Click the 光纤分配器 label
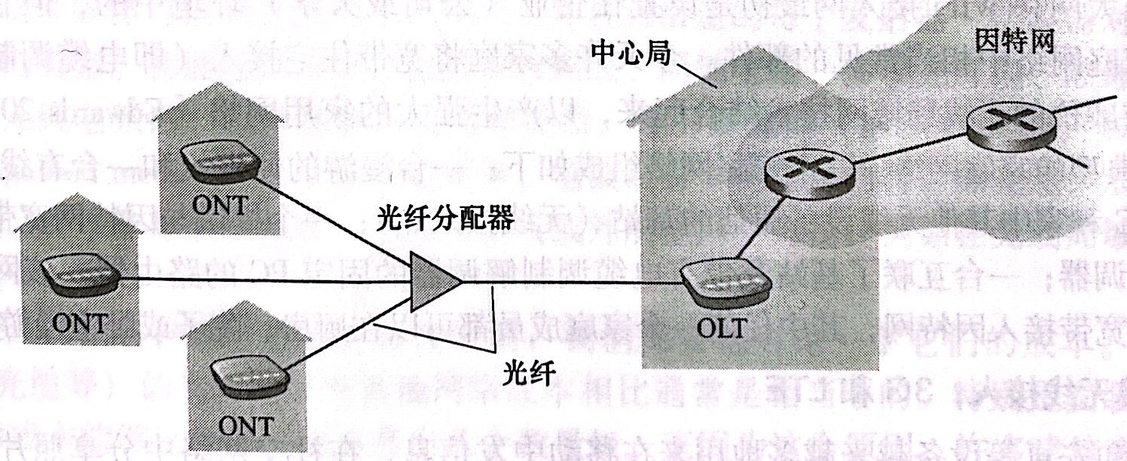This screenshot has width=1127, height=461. [x=445, y=219]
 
